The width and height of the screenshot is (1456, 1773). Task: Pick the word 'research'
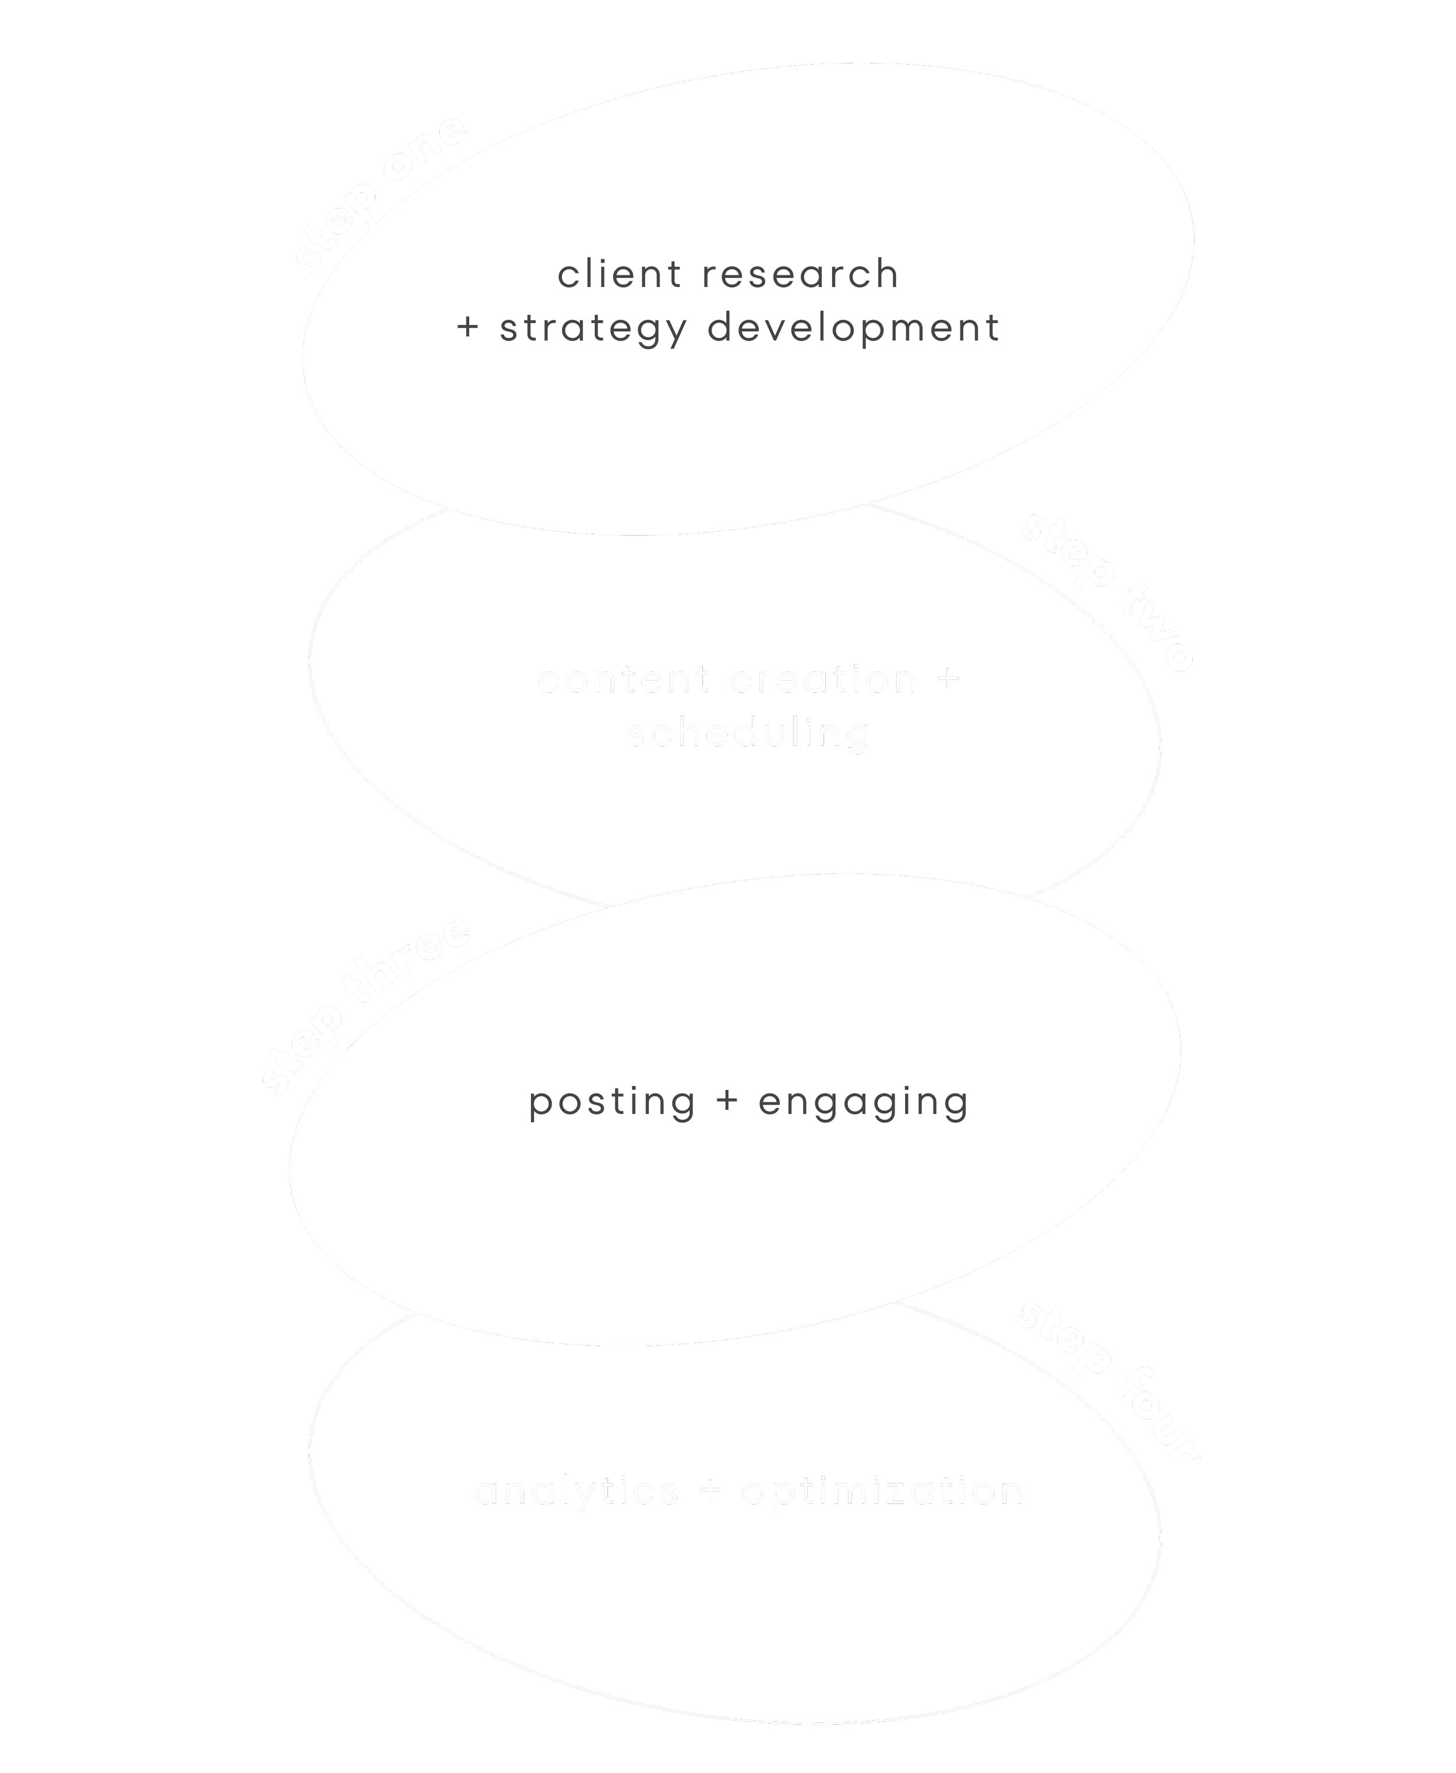click(x=800, y=275)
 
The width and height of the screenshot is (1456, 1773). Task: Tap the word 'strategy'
click(x=594, y=328)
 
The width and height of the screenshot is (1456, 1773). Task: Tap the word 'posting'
click(x=612, y=1102)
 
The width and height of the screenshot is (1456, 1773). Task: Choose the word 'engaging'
click(x=864, y=1102)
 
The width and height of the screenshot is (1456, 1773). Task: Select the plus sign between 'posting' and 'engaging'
click(x=727, y=1102)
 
